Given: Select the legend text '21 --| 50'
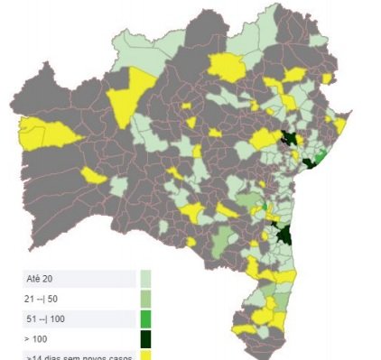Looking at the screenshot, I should (46, 299).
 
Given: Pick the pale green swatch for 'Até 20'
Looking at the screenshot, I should (145, 278).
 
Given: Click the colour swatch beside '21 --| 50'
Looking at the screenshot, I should (145, 299).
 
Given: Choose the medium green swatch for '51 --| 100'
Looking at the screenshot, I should (145, 319).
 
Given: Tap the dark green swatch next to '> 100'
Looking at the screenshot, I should (145, 340).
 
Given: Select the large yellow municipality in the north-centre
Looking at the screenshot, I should (227, 67).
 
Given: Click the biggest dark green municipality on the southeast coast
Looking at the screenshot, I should (284, 235).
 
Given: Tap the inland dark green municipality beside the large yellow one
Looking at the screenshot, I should (289, 138).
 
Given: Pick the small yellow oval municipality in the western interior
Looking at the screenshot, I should (93, 175).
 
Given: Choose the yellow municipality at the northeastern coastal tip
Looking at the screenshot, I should (340, 124).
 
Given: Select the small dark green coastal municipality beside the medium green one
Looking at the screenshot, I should (309, 162).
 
